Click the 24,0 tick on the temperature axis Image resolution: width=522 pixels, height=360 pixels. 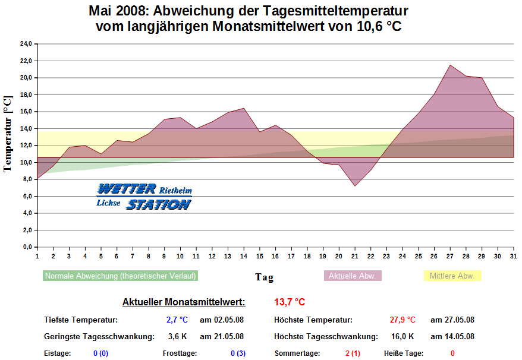tap(26, 44)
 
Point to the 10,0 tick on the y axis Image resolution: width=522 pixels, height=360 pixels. tap(26, 162)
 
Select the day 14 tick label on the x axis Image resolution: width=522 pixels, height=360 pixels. tap(244, 256)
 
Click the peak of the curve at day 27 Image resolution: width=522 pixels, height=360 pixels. tap(450, 65)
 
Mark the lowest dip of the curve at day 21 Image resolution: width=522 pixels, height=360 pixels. tap(355, 186)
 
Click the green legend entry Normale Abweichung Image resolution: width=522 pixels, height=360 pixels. tap(120, 276)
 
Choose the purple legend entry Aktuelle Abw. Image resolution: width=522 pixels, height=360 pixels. tap(352, 276)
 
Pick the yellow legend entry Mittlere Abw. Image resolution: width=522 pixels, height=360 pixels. tap(452, 276)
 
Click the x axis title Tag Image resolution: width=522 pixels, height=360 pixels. tap(265, 277)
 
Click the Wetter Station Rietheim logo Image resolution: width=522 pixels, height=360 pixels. tap(144, 197)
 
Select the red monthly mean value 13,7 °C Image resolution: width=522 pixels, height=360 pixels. tap(290, 302)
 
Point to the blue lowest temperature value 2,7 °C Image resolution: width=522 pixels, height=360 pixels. tap(177, 320)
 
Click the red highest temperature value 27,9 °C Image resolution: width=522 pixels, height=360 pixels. tap(402, 320)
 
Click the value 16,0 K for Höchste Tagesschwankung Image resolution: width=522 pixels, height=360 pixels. tap(402, 336)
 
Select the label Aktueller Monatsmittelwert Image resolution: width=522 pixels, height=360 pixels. tap(183, 302)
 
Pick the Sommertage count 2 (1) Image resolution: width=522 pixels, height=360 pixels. tap(353, 353)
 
